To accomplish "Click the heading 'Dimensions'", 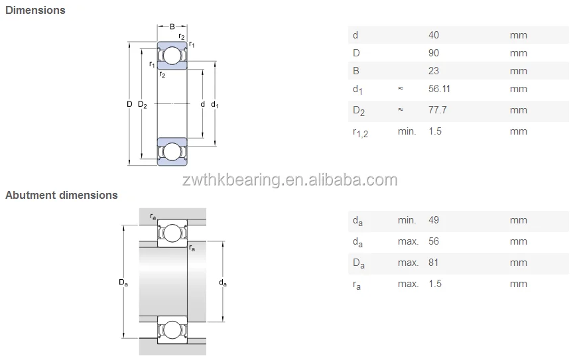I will click(35, 10).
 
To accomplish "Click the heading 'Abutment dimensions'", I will click(62, 195).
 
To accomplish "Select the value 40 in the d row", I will click(434, 35).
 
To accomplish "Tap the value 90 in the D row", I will click(434, 53).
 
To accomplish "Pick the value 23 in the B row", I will click(434, 71).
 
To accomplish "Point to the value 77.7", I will click(438, 110).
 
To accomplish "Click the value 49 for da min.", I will click(434, 220).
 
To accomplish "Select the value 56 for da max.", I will click(434, 241).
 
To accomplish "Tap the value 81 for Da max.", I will click(434, 263).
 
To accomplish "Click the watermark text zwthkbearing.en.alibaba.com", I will click(283, 180).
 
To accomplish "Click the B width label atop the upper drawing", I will click(172, 27).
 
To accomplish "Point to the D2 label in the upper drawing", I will click(142, 104).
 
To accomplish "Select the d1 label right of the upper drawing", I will click(214, 104).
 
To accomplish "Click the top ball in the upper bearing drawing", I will click(172, 56).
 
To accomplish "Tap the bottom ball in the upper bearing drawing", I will click(172, 152).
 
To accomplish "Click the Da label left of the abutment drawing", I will click(123, 282).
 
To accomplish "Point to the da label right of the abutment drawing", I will click(223, 282).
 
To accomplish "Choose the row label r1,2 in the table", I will click(359, 132).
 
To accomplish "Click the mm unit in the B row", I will click(518, 71).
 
